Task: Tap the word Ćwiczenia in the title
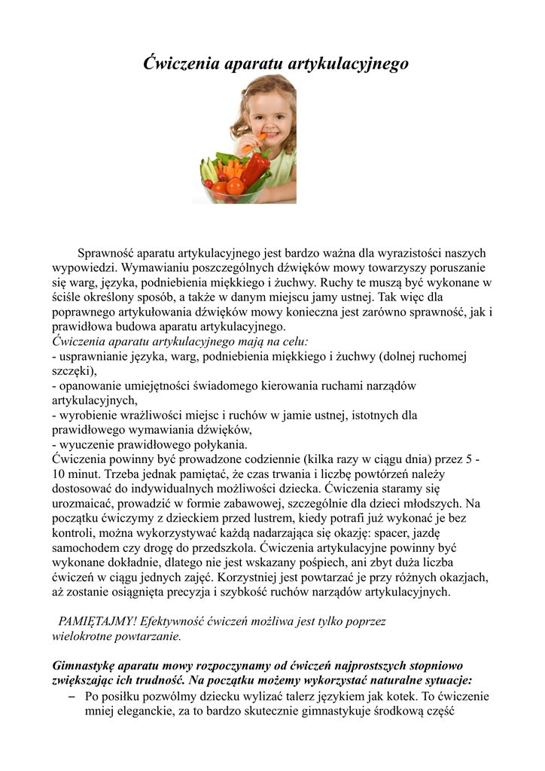(x=181, y=63)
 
